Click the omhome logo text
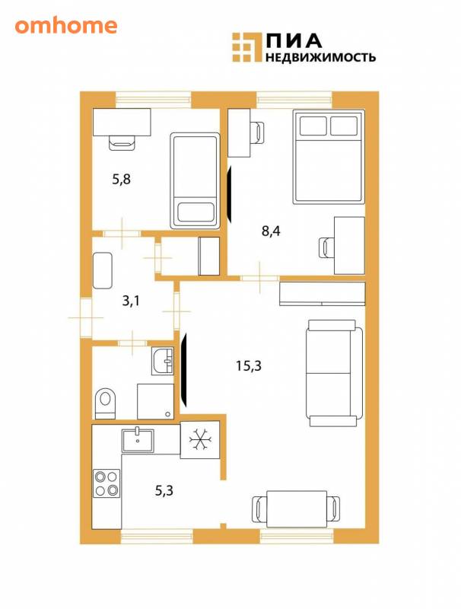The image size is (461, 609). (x=66, y=26)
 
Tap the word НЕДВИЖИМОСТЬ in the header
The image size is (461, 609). (x=320, y=57)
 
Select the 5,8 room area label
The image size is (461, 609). (x=121, y=180)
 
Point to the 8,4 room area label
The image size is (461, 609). (x=271, y=231)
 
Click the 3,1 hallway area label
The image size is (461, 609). (x=131, y=301)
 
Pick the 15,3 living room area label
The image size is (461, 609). (x=249, y=365)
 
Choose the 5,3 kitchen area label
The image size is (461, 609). (x=164, y=491)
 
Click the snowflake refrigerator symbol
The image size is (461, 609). (x=200, y=440)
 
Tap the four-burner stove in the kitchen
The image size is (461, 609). (x=107, y=483)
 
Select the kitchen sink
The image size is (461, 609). (x=138, y=441)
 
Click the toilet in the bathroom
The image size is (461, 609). (x=105, y=403)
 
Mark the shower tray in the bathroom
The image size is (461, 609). (x=155, y=402)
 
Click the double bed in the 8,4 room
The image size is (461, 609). (x=329, y=156)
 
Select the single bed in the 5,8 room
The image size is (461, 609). (x=196, y=180)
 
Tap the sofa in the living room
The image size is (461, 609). (x=335, y=373)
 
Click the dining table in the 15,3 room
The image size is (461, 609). (x=297, y=509)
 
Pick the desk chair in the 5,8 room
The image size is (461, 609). (x=122, y=143)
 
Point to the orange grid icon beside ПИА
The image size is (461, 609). (x=246, y=47)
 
